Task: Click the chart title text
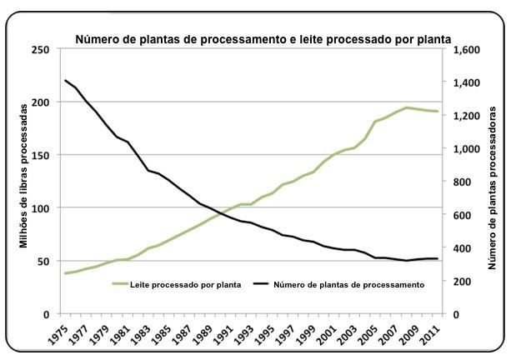[263, 38]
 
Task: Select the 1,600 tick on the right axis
[463, 49]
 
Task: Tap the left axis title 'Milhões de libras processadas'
[25, 182]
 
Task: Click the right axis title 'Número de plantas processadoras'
[492, 182]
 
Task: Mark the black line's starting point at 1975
[65, 80]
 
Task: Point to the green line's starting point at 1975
[65, 273]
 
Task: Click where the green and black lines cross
[221, 213]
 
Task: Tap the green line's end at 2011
[437, 112]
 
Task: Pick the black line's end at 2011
[437, 259]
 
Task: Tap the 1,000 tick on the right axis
[463, 148]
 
